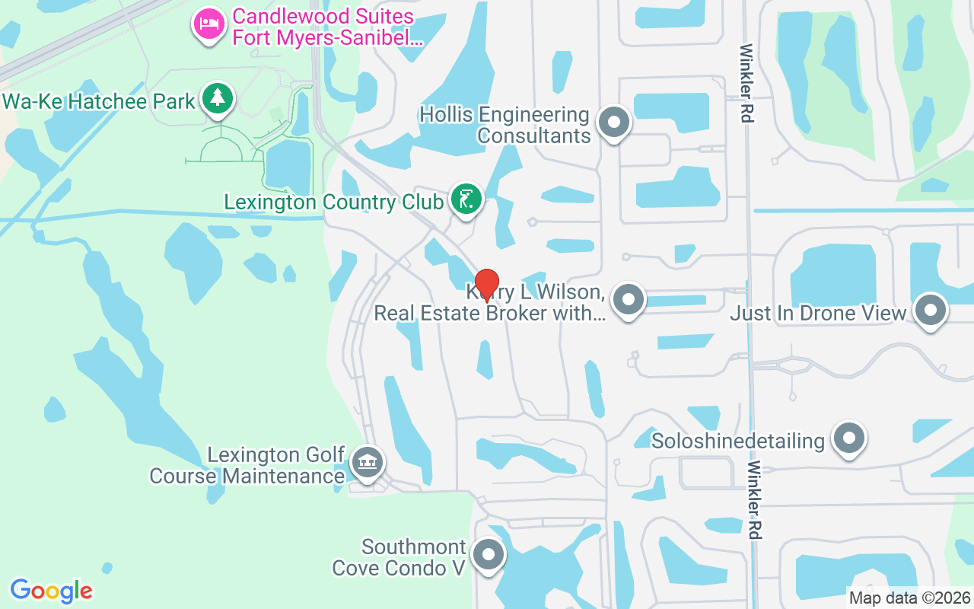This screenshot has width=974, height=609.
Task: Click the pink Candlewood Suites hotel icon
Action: click(208, 24)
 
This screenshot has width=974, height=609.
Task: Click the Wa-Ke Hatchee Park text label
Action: click(99, 102)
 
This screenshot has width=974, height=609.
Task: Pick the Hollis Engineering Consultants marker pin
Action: click(614, 123)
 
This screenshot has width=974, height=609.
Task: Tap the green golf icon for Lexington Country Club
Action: click(466, 199)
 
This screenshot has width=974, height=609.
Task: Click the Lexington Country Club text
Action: click(333, 202)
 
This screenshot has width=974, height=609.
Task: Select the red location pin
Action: click(487, 285)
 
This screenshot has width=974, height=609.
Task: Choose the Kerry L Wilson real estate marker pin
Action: click(629, 299)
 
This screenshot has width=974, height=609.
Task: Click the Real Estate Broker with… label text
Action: click(490, 313)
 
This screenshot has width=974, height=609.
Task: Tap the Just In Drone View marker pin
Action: click(930, 310)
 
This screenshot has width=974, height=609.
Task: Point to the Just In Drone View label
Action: click(819, 313)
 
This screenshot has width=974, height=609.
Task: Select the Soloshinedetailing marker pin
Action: click(849, 438)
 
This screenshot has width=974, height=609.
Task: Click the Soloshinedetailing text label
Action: click(738, 441)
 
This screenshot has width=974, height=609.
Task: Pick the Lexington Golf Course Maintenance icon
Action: click(368, 462)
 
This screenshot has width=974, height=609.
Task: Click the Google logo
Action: click(51, 590)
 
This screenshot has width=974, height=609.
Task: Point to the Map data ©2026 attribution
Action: click(909, 598)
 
